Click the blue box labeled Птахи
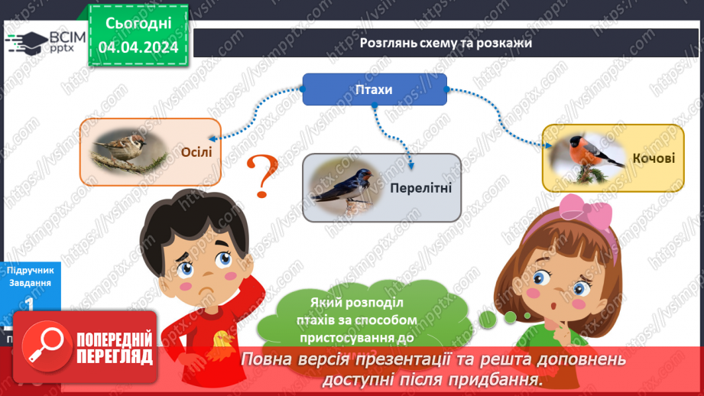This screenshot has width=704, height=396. [375, 89]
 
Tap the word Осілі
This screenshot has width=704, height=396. [196, 151]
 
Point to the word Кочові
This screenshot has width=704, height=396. [654, 158]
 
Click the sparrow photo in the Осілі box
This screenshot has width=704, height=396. [126, 150]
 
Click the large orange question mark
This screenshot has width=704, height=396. [261, 174]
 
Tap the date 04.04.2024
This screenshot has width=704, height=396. [138, 47]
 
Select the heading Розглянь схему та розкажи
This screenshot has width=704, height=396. [446, 44]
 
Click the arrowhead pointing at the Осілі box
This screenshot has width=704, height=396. [210, 138]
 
